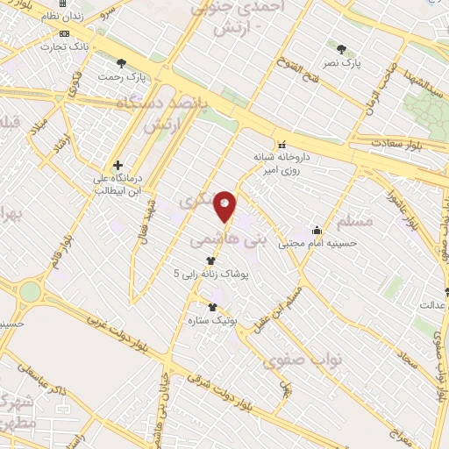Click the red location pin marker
pyautogui.click(x=226, y=206)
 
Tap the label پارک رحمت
pyautogui.click(x=123, y=76)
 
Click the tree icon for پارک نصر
pyautogui.click(x=341, y=48)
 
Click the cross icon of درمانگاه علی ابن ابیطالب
pyautogui.click(x=118, y=164)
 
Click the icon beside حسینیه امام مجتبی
pyautogui.click(x=316, y=230)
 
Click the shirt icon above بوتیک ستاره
pyautogui.click(x=210, y=306)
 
